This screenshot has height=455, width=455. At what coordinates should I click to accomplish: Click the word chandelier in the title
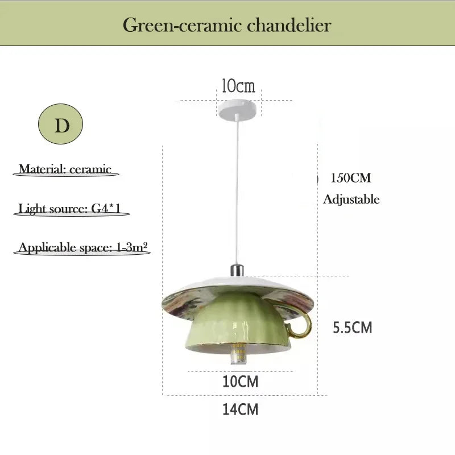pos(289,25)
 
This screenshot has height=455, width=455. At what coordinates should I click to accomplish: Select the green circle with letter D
pos(61,124)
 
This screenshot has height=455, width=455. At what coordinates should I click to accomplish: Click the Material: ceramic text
pos(65,169)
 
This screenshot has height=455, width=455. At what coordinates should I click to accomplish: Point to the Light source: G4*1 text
pos(69,209)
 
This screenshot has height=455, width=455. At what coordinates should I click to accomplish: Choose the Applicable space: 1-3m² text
pos(82,247)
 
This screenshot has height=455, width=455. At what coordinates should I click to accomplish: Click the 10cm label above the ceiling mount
pos(238,86)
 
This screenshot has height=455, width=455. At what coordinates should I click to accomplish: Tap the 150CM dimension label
pos(351,178)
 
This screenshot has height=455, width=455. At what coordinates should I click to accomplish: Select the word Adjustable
pos(351,200)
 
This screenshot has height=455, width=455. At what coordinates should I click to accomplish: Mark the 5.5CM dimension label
pos(352,328)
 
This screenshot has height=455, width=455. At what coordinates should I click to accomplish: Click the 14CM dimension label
pos(240,409)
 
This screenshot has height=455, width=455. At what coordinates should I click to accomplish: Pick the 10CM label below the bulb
pos(240,381)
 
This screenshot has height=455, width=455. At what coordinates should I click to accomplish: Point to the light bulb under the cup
pos(238,354)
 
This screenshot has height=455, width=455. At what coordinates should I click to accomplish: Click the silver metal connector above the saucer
pos(237,270)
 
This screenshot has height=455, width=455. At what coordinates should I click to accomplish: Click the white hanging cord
pos(237,189)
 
